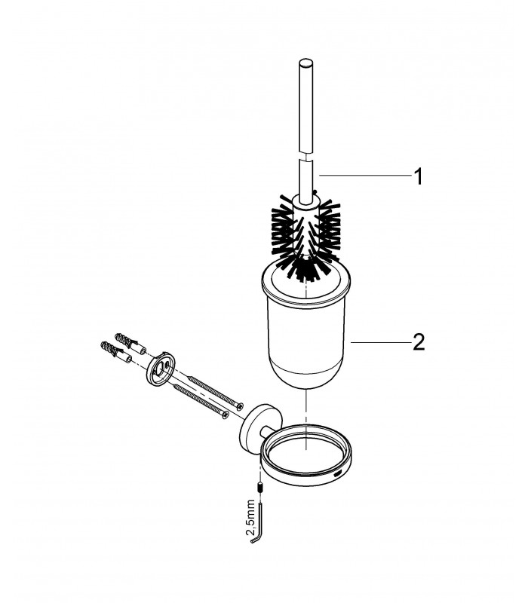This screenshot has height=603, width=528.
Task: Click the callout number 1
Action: (x=419, y=176)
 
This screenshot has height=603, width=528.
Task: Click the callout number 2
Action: (x=419, y=341)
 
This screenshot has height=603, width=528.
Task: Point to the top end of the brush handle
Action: (x=305, y=62)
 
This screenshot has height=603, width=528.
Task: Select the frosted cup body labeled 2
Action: (x=306, y=327)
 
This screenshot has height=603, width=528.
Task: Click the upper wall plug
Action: (x=130, y=343)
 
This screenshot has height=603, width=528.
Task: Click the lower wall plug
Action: (x=116, y=352)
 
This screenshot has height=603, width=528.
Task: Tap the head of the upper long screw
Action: (x=240, y=405)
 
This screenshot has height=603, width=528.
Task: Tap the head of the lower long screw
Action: (x=225, y=414)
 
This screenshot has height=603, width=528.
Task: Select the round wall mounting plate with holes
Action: (x=161, y=367)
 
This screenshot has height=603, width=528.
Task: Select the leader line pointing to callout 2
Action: (x=380, y=342)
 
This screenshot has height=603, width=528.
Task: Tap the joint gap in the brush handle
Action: (x=305, y=158)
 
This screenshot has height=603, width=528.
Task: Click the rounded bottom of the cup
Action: (x=306, y=379)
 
